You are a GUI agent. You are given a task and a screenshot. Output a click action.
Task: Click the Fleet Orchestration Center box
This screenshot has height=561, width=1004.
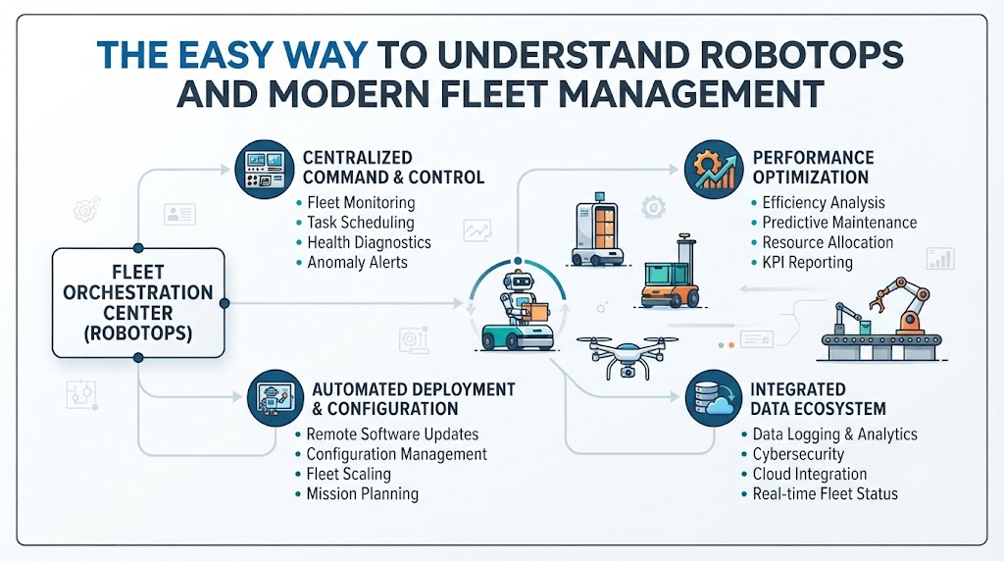point(138,303)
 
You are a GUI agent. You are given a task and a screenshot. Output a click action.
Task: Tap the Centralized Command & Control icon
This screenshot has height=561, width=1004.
point(265,170)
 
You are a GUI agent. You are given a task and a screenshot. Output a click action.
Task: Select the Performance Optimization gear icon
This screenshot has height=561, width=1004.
point(714,170)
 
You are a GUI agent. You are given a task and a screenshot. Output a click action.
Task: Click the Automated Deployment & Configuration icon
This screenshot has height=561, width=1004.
point(276,398)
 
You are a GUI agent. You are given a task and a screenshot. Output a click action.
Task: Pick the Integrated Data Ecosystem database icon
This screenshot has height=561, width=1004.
point(714,398)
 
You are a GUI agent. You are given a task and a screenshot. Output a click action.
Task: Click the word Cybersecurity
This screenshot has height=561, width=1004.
point(798,454)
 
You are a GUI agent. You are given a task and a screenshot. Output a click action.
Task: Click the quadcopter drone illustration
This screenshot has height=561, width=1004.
point(627,356)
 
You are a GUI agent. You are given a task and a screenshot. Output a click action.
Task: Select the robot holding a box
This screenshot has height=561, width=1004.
point(519,310)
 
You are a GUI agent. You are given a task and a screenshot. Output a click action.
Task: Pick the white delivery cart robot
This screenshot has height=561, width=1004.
point(597,229)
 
